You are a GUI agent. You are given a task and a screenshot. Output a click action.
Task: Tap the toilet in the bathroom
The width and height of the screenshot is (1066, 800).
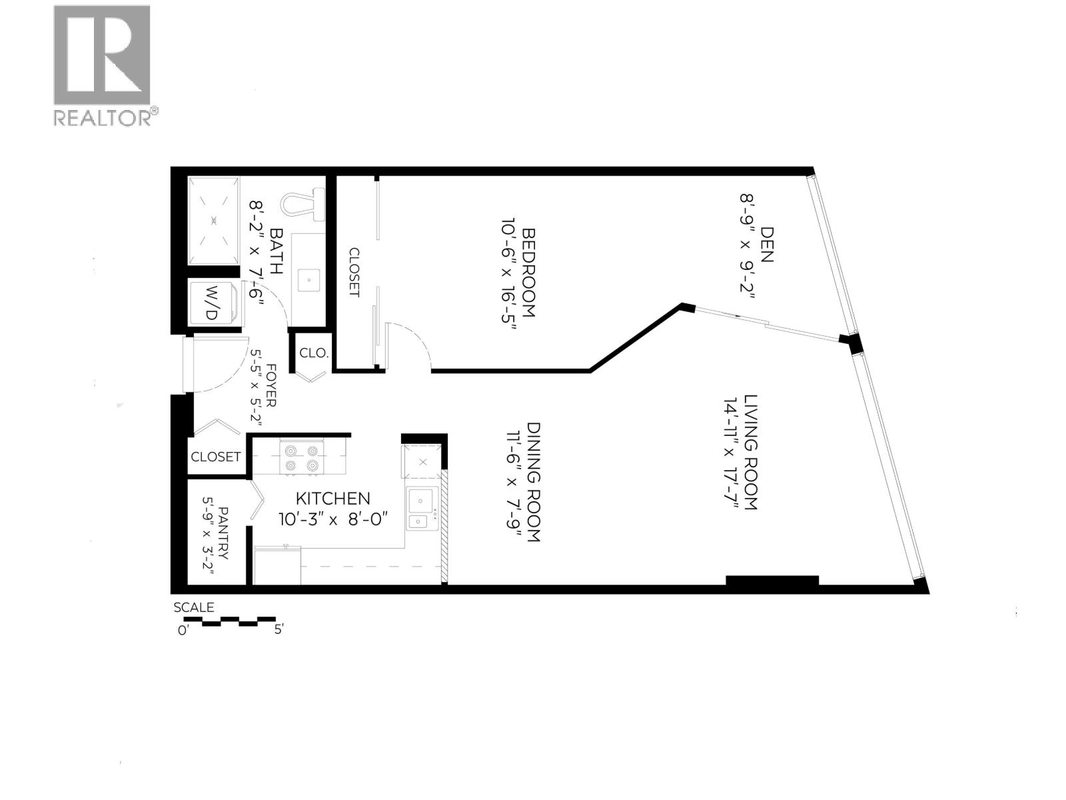(x=304, y=202)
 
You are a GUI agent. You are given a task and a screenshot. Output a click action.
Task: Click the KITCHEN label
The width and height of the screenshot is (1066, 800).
(x=332, y=498)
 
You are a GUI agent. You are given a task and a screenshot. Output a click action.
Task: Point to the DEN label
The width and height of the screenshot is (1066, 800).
(x=767, y=244)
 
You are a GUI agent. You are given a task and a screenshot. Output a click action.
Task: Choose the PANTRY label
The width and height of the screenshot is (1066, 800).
(x=223, y=533)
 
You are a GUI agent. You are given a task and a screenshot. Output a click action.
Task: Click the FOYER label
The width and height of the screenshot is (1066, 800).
(x=271, y=385)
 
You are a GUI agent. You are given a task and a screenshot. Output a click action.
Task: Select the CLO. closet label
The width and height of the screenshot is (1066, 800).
(x=314, y=353)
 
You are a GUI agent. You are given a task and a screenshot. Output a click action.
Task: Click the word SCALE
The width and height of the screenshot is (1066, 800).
(x=194, y=607)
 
